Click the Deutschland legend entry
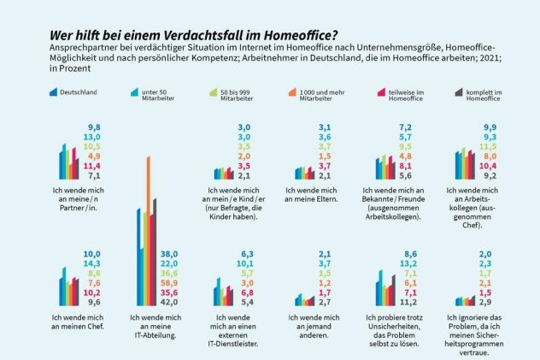click(78, 94)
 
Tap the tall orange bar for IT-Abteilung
click(149, 231)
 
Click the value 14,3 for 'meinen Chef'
click(90, 263)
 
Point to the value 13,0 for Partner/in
click(90, 137)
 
